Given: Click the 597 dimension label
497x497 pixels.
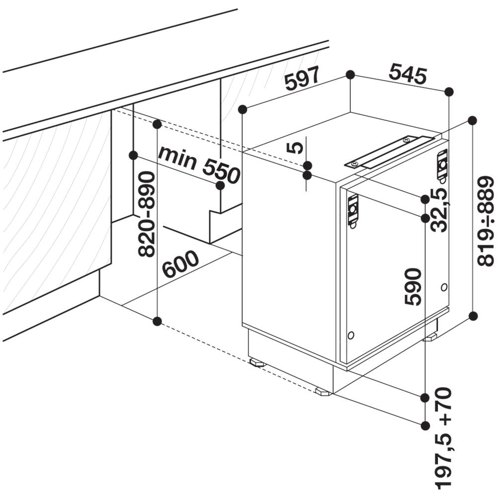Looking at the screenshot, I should [x=301, y=79].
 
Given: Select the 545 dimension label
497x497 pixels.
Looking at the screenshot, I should [x=408, y=74].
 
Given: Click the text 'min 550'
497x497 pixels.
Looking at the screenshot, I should [x=199, y=164].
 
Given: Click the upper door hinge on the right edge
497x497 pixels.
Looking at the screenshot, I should [x=442, y=165].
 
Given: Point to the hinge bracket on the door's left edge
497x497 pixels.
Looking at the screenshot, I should [x=353, y=211].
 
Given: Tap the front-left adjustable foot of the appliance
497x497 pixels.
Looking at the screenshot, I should [x=257, y=362].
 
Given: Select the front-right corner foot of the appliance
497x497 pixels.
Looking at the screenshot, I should [x=323, y=392].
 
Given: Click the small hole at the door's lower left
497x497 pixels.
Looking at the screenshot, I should [x=351, y=335].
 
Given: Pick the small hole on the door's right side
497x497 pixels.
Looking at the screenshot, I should [x=444, y=287].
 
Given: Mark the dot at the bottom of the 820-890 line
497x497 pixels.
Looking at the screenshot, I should [x=157, y=322].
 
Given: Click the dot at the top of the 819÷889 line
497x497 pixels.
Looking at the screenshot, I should [x=472, y=120].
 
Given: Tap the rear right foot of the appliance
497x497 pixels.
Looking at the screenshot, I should [x=430, y=337].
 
